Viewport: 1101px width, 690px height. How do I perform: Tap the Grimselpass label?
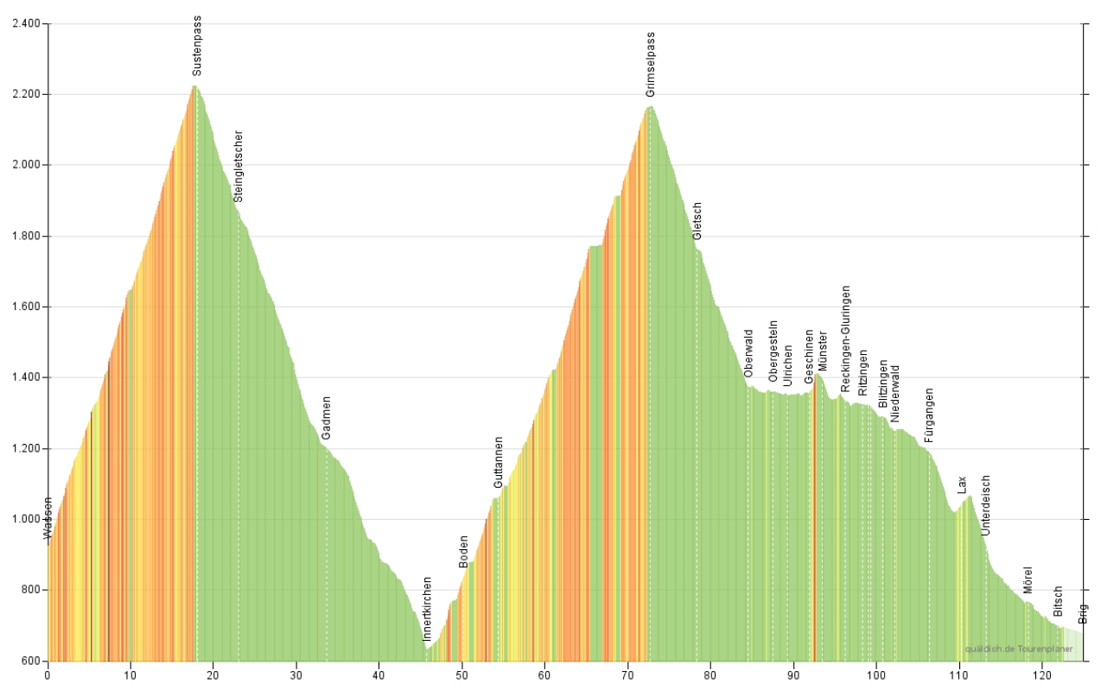coord(651,65)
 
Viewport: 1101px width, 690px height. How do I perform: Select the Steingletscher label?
coord(239,166)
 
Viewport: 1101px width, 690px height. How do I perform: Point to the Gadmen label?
coord(327,418)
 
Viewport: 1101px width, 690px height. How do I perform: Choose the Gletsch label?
coord(697,221)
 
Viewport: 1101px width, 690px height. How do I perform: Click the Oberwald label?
coord(748,353)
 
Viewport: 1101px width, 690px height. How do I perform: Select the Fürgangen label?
coord(929,415)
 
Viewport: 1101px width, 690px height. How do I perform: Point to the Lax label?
coord(962,484)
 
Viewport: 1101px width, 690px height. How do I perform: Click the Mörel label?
coord(1028,579)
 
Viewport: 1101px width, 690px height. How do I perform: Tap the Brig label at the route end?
coord(1084,614)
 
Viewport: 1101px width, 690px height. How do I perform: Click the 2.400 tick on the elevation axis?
coord(26,23)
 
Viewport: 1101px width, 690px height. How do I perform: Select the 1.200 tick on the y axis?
coord(26,449)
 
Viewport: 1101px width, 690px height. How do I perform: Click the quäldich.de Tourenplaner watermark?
coord(1019,649)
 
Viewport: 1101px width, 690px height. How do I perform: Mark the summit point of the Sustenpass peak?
coord(194,85)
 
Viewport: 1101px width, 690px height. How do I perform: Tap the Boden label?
coord(464,552)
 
